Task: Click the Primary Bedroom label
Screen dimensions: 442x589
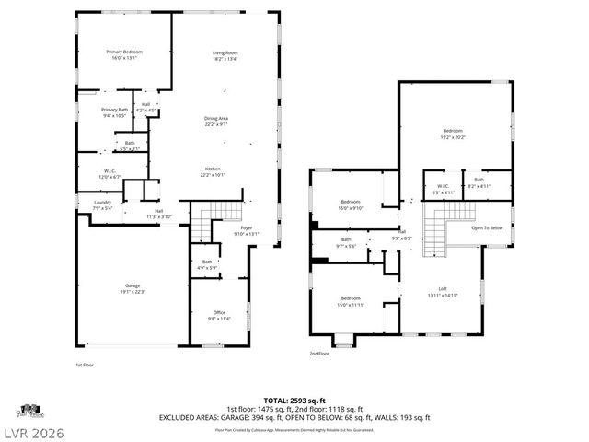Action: click(x=123, y=52)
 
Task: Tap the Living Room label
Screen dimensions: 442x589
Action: click(x=225, y=52)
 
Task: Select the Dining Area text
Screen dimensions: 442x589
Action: click(x=216, y=118)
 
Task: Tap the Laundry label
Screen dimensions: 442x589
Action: click(x=102, y=204)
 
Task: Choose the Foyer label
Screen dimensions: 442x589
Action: click(x=247, y=227)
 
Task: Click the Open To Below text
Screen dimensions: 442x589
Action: click(x=487, y=228)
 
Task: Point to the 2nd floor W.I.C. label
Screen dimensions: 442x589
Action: click(x=442, y=187)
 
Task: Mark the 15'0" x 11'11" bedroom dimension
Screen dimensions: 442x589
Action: click(x=351, y=304)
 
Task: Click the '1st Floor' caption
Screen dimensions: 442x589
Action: click(x=84, y=366)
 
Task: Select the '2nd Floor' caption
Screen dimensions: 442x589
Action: click(x=318, y=354)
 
